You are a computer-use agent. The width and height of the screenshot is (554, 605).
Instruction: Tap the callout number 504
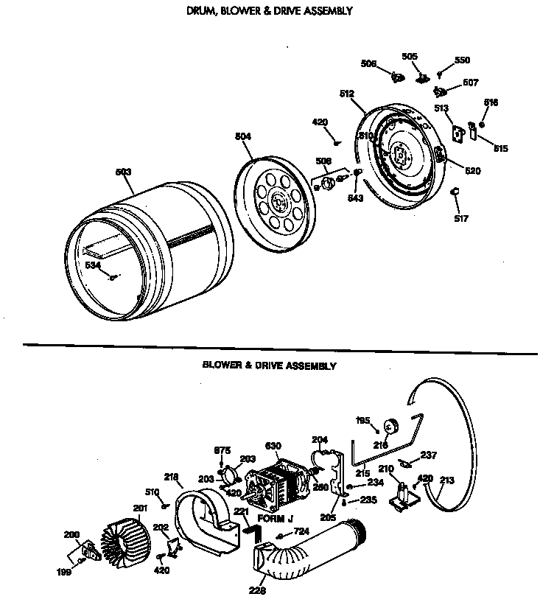coord(242,137)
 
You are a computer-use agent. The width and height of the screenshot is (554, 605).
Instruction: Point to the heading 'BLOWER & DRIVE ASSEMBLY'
coord(269,365)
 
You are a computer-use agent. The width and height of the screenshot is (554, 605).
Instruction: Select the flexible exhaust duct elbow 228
coord(309,549)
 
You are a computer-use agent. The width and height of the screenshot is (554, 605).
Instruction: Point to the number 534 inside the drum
coord(92,265)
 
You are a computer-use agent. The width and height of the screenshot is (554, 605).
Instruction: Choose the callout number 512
coord(347,94)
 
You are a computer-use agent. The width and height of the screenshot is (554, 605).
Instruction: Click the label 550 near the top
coord(462,60)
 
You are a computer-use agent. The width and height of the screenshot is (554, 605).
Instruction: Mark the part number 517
coord(461,218)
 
